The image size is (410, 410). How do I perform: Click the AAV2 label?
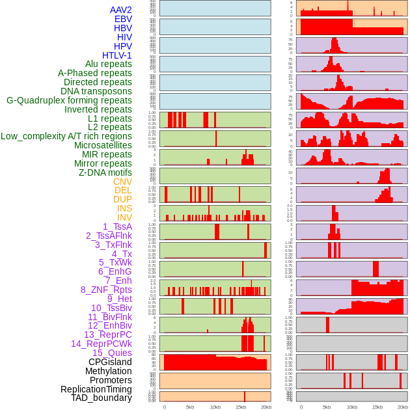point(121,10)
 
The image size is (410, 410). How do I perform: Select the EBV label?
point(123,19)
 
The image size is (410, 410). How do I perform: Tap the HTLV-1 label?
point(116,55)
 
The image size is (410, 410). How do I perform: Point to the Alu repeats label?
point(109,64)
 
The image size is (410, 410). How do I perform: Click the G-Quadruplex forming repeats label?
point(69,100)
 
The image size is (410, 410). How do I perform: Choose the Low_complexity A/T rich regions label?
point(66,136)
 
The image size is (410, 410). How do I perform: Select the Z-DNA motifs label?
point(105,172)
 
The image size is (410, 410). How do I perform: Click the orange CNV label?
point(122,182)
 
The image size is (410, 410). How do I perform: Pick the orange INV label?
point(124,217)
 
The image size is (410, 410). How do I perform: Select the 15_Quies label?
point(112,353)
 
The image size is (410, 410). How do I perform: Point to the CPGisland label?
point(110,362)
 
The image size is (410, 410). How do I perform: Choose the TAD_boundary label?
point(102,398)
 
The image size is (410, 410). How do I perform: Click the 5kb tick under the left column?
point(190,407)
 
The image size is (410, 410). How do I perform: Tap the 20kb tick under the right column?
point(403,407)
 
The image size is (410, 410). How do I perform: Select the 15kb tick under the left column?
point(241,407)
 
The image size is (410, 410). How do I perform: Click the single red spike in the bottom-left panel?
point(245,396)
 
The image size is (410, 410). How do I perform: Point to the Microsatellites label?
point(103,145)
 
